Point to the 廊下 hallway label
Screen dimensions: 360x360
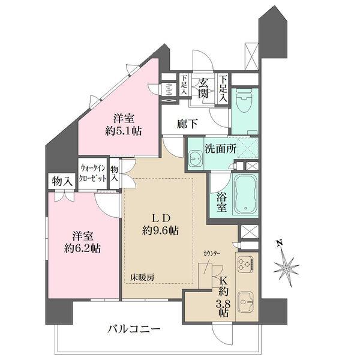(x=187, y=125)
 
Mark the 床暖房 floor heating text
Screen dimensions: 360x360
(x=142, y=278)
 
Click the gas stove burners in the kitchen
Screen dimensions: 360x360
(x=246, y=264)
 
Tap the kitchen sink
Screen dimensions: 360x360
(x=246, y=299)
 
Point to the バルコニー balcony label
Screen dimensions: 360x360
(x=134, y=329)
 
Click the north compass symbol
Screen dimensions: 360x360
(x=286, y=263)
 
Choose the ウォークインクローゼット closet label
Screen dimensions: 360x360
(x=92, y=175)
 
